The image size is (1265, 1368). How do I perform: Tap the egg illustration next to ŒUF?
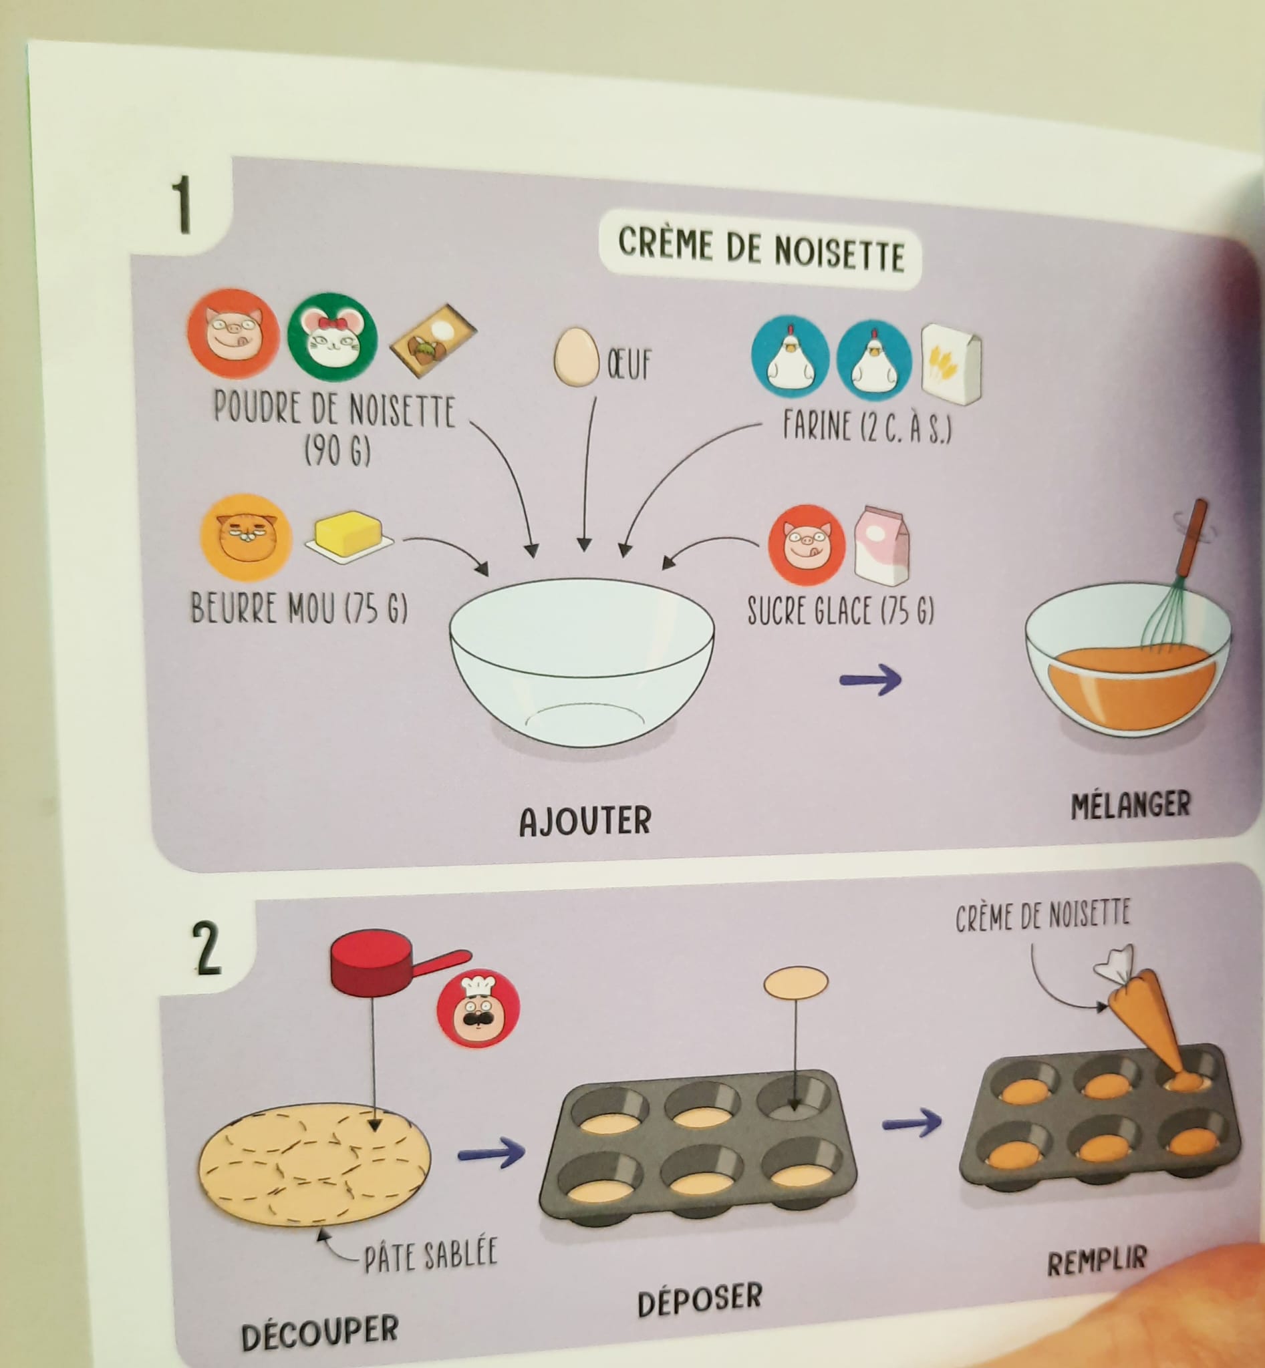[x=574, y=357]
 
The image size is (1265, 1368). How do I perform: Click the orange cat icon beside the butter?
[x=247, y=537]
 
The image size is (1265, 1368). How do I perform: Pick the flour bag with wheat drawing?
[x=951, y=364]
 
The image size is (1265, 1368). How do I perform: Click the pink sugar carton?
[x=882, y=546]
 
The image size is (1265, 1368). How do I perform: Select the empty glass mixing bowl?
[x=582, y=655]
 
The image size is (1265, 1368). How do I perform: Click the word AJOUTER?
[x=585, y=821]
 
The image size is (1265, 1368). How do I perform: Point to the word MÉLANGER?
[x=1131, y=805]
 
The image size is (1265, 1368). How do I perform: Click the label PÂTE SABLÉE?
[x=430, y=1257]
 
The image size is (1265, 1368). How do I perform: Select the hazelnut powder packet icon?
[x=433, y=340]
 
